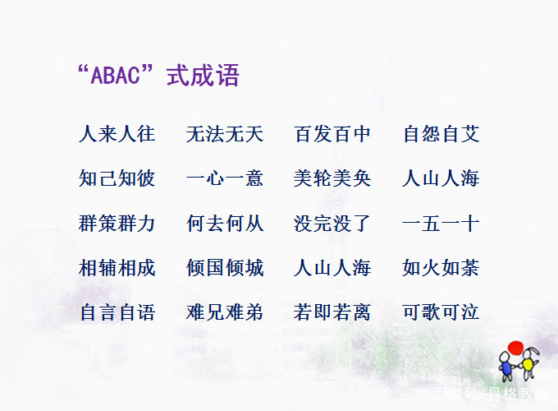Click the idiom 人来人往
coord(117,134)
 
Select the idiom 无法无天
coord(225,134)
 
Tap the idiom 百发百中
coord(332,134)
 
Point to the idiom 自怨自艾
coord(441,134)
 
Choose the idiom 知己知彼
coord(117,178)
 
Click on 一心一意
coord(225,178)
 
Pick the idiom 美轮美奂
coord(332,178)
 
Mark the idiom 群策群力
coord(117,224)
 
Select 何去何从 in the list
coord(225,224)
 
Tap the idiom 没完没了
coord(332,224)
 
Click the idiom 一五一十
coord(441,224)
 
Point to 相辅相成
coord(117,268)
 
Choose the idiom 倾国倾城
coord(225,268)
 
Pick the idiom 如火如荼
coord(441,268)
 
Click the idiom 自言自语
coord(117,312)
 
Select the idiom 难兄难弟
coord(225,312)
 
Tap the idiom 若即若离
coord(332,312)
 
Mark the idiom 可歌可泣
coord(441,312)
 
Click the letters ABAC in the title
coord(117,76)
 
